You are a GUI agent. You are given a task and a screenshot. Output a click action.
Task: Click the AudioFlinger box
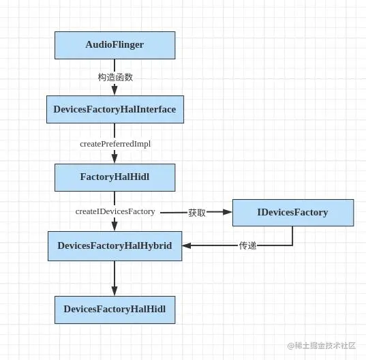click(115, 45)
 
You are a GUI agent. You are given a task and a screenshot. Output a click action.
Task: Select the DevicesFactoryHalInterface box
click(115, 109)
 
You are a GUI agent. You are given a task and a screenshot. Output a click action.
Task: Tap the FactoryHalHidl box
click(115, 177)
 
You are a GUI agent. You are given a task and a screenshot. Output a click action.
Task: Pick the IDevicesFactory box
click(292, 212)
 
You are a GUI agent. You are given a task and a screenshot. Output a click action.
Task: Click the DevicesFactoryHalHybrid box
click(115, 245)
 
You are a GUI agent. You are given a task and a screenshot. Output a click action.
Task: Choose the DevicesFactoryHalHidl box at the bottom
click(115, 309)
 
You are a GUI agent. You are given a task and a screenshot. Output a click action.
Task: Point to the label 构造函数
click(115, 77)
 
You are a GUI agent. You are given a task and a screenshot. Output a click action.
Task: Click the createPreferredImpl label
click(115, 144)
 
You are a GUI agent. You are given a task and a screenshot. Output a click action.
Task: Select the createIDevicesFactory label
click(115, 211)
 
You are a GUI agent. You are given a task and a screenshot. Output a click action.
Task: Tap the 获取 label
click(197, 213)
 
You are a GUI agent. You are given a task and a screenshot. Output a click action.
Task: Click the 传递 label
click(247, 245)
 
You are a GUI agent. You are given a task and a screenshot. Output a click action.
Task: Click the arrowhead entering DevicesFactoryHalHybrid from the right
click(187, 245)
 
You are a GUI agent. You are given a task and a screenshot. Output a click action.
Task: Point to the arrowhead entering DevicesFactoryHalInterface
click(115, 91)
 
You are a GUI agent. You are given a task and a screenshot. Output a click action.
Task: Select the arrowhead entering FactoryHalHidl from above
click(115, 160)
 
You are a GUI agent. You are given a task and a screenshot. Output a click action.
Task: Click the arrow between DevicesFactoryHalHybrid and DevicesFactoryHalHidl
click(115, 276)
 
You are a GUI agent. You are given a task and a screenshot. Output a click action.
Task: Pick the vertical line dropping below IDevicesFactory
click(292, 235)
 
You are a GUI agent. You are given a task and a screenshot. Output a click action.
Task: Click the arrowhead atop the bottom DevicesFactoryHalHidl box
click(115, 291)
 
